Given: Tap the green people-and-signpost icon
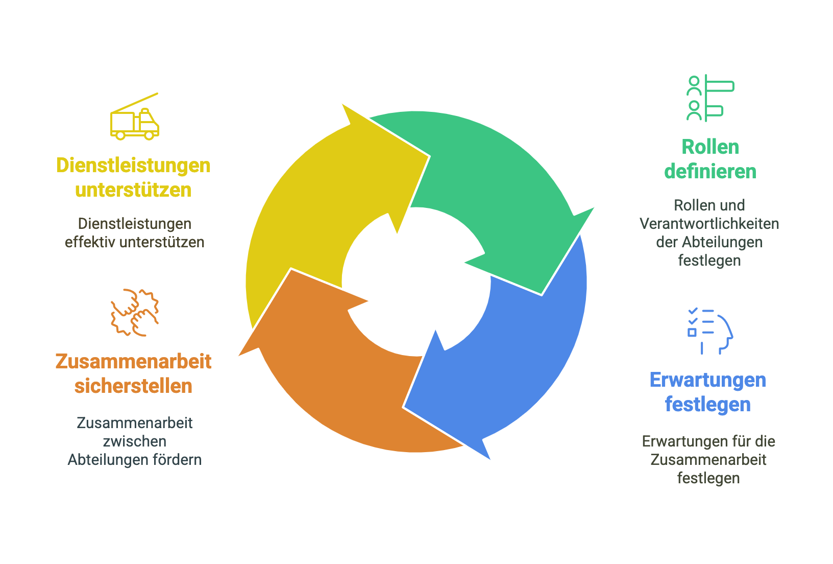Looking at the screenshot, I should (x=709, y=98).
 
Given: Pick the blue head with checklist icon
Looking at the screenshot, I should (x=709, y=331).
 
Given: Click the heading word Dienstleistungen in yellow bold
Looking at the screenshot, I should (x=133, y=166).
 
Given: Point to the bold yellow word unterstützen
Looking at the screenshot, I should (x=133, y=190).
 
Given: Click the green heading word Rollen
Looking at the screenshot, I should (x=710, y=147).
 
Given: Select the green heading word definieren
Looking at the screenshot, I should (x=710, y=172).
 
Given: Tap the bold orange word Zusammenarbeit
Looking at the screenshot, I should (x=133, y=362).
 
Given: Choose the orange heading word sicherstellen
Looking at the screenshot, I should (x=133, y=386).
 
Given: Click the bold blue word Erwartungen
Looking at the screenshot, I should (x=707, y=380).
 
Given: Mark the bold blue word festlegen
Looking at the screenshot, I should (x=707, y=405).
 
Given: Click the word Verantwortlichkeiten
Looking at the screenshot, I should (x=709, y=224).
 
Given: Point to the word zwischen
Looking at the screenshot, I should (x=134, y=441).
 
